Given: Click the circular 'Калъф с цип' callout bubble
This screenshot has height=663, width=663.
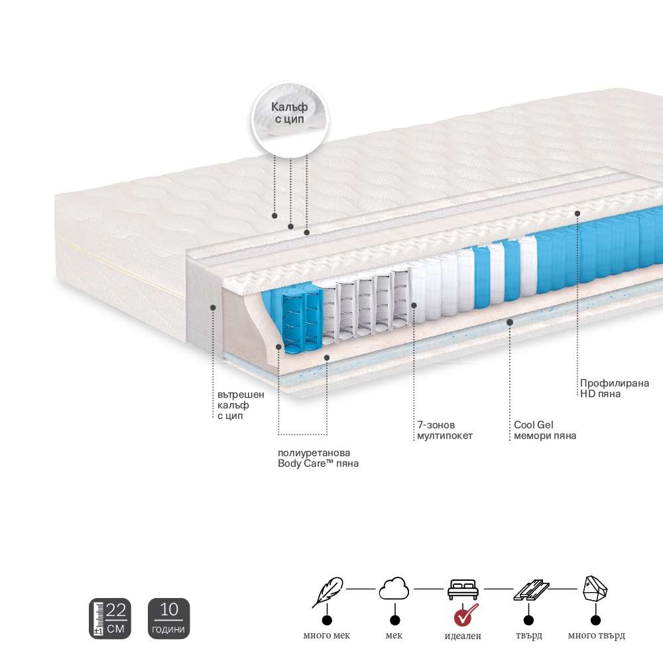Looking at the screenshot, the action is click(x=290, y=119).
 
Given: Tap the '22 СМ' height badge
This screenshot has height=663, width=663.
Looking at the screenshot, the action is click(x=110, y=618).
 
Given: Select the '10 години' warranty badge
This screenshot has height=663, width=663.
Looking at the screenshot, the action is click(x=168, y=618).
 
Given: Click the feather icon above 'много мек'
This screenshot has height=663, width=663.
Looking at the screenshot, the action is click(x=328, y=592).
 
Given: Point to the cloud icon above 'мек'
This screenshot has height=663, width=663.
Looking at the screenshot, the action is click(x=394, y=588).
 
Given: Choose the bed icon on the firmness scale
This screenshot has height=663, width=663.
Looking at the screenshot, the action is click(x=463, y=589).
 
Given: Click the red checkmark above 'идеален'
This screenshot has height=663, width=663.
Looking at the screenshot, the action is click(x=465, y=615).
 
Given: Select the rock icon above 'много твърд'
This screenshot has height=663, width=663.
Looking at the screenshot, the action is click(x=595, y=589).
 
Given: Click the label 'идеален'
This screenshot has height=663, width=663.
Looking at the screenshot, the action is click(x=463, y=636).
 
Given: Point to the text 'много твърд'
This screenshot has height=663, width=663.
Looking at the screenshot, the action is click(x=596, y=635).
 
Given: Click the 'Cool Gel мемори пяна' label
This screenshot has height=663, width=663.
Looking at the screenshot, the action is click(x=544, y=430).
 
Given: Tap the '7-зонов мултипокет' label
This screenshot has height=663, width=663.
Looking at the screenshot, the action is click(x=445, y=430).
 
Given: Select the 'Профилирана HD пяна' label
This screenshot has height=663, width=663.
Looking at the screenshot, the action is click(x=615, y=388).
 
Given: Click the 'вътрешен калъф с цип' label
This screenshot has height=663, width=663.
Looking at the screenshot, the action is click(x=241, y=404).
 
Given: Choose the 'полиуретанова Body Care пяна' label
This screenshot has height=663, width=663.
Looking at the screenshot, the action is click(x=318, y=458).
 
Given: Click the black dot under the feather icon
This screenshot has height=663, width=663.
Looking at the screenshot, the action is click(x=327, y=621).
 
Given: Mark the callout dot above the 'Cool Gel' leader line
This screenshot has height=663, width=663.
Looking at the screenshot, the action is click(x=510, y=322).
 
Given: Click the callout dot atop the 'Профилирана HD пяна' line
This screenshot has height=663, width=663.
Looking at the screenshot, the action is click(x=577, y=213).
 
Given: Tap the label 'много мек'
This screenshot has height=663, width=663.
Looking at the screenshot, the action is click(x=326, y=635).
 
